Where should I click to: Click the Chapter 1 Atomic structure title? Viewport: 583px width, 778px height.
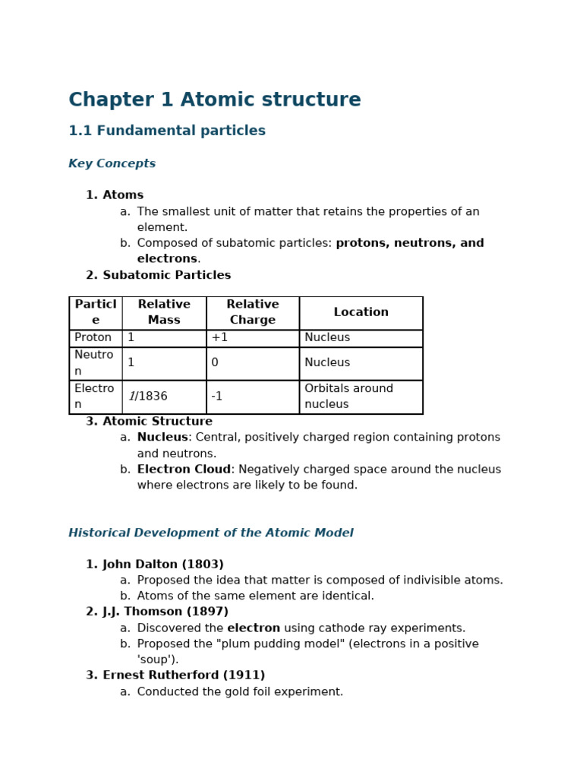click(215, 100)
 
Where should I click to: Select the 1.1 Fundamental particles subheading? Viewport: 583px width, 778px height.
click(167, 131)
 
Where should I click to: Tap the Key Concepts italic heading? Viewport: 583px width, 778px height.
click(112, 164)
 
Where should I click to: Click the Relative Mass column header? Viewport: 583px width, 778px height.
click(164, 312)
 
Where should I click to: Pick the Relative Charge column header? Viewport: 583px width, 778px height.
click(253, 312)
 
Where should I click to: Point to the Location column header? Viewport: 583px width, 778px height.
click(361, 312)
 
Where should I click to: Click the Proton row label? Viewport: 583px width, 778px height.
click(93, 338)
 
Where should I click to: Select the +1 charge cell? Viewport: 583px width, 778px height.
click(219, 338)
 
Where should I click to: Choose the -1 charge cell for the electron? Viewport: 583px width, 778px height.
click(217, 397)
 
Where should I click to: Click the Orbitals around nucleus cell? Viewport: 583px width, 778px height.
click(348, 397)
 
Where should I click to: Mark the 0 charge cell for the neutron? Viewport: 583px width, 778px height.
click(215, 363)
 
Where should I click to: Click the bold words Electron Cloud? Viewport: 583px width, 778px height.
click(184, 470)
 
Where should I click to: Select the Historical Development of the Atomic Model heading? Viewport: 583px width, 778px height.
click(211, 533)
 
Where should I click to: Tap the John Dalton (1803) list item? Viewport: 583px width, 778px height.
click(163, 565)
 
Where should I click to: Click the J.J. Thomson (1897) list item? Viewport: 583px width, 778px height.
click(165, 612)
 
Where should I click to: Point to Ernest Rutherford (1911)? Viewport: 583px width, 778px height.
click(184, 675)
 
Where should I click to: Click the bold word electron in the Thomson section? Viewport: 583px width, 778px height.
click(254, 628)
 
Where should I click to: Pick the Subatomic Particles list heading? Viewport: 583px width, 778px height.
click(167, 276)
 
